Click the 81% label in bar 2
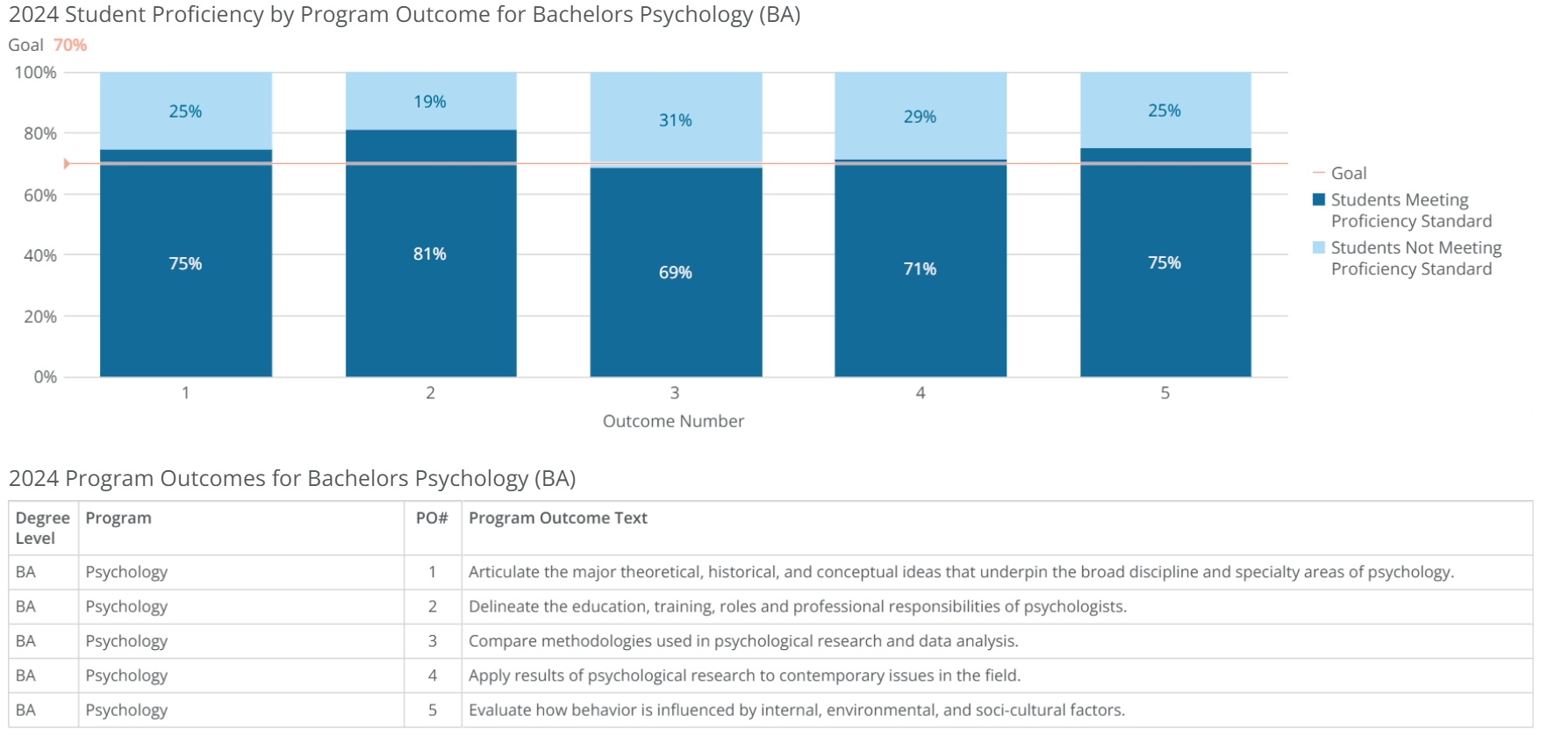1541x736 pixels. click(x=430, y=254)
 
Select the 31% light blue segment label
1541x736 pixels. click(x=675, y=120)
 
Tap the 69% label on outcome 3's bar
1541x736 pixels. click(x=675, y=273)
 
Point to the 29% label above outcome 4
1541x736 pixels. click(x=920, y=117)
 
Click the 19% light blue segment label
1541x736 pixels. click(x=430, y=102)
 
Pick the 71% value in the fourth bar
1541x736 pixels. click(x=920, y=269)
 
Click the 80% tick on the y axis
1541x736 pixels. click(x=40, y=133)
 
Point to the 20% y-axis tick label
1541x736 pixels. click(x=40, y=317)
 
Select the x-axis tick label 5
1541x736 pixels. click(x=1165, y=393)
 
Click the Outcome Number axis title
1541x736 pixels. click(x=673, y=421)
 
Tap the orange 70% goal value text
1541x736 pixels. click(x=70, y=46)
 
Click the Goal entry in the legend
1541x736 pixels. click(x=1348, y=174)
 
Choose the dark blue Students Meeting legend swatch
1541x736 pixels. click(x=1318, y=200)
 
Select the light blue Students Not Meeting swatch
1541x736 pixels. click(x=1318, y=247)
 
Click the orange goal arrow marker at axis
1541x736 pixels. click(x=67, y=164)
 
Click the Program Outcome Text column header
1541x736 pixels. click(x=557, y=518)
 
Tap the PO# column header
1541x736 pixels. click(x=432, y=518)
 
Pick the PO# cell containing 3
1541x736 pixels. click(x=432, y=641)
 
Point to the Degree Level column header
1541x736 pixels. click(x=42, y=528)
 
